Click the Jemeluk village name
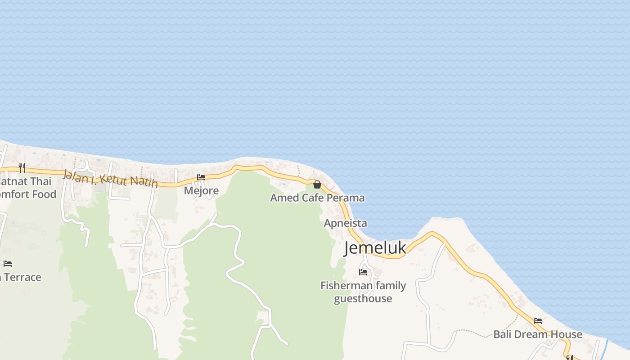[x=375, y=248]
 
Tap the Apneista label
[x=345, y=223]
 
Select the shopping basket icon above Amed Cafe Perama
[x=317, y=184]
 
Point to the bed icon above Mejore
[x=201, y=177]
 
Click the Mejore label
[x=201, y=191]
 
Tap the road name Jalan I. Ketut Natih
[x=111, y=177]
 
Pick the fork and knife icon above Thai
[x=22, y=168]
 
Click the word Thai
[x=41, y=182]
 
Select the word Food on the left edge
[x=44, y=194]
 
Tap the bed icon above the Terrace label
[x=8, y=264]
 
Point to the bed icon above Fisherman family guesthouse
[x=363, y=272]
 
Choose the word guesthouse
[x=363, y=299]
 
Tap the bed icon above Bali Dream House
[x=538, y=321]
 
